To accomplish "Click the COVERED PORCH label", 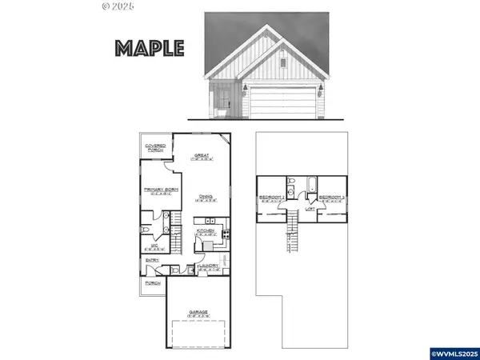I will coord(155,147).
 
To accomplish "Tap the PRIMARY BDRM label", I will coord(158,190).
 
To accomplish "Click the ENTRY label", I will coord(152,260).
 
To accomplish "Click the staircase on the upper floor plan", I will coord(294,236).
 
